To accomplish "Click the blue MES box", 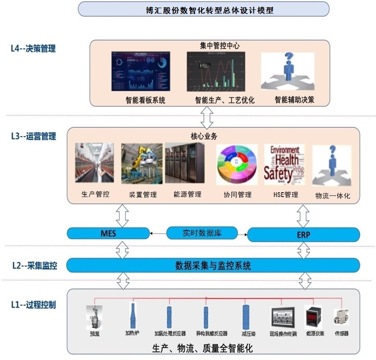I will pyautogui.click(x=108, y=233).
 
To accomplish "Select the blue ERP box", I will pyautogui.click(x=303, y=235).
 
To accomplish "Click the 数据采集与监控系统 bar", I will pyautogui.click(x=213, y=265).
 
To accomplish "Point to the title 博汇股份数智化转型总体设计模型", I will pyautogui.click(x=203, y=9).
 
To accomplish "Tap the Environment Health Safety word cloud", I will pyautogui.click(x=284, y=164).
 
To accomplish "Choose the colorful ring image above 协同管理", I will pyautogui.click(x=237, y=165).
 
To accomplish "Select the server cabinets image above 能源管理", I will pyautogui.click(x=185, y=163).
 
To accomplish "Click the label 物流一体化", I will pyautogui.click(x=333, y=196).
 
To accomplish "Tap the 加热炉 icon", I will pyautogui.click(x=132, y=315).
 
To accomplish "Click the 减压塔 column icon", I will pyautogui.click(x=246, y=317).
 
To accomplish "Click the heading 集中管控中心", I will pyautogui.click(x=220, y=46).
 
